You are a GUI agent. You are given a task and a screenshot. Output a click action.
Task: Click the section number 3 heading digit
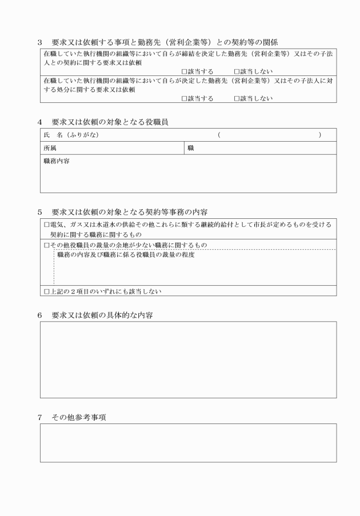click(x=40, y=41)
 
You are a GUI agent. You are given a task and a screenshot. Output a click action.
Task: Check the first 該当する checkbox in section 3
click(x=184, y=71)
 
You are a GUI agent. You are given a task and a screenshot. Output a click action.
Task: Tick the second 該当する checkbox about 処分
click(x=184, y=98)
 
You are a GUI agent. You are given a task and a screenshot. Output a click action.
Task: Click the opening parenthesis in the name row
click(x=219, y=135)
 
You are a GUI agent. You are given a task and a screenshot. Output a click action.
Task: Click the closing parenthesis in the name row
click(x=320, y=135)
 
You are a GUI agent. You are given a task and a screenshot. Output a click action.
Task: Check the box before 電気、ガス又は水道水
click(x=47, y=225)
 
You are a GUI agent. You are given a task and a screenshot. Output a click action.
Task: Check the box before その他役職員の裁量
click(x=47, y=245)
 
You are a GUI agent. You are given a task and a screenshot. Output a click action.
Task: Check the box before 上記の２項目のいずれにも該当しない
click(x=47, y=291)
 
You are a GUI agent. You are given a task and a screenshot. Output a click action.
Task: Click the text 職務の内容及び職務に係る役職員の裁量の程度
click(x=126, y=255)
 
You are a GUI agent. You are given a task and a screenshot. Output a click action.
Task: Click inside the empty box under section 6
click(x=188, y=359)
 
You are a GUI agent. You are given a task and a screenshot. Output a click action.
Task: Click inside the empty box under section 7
click(x=188, y=443)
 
